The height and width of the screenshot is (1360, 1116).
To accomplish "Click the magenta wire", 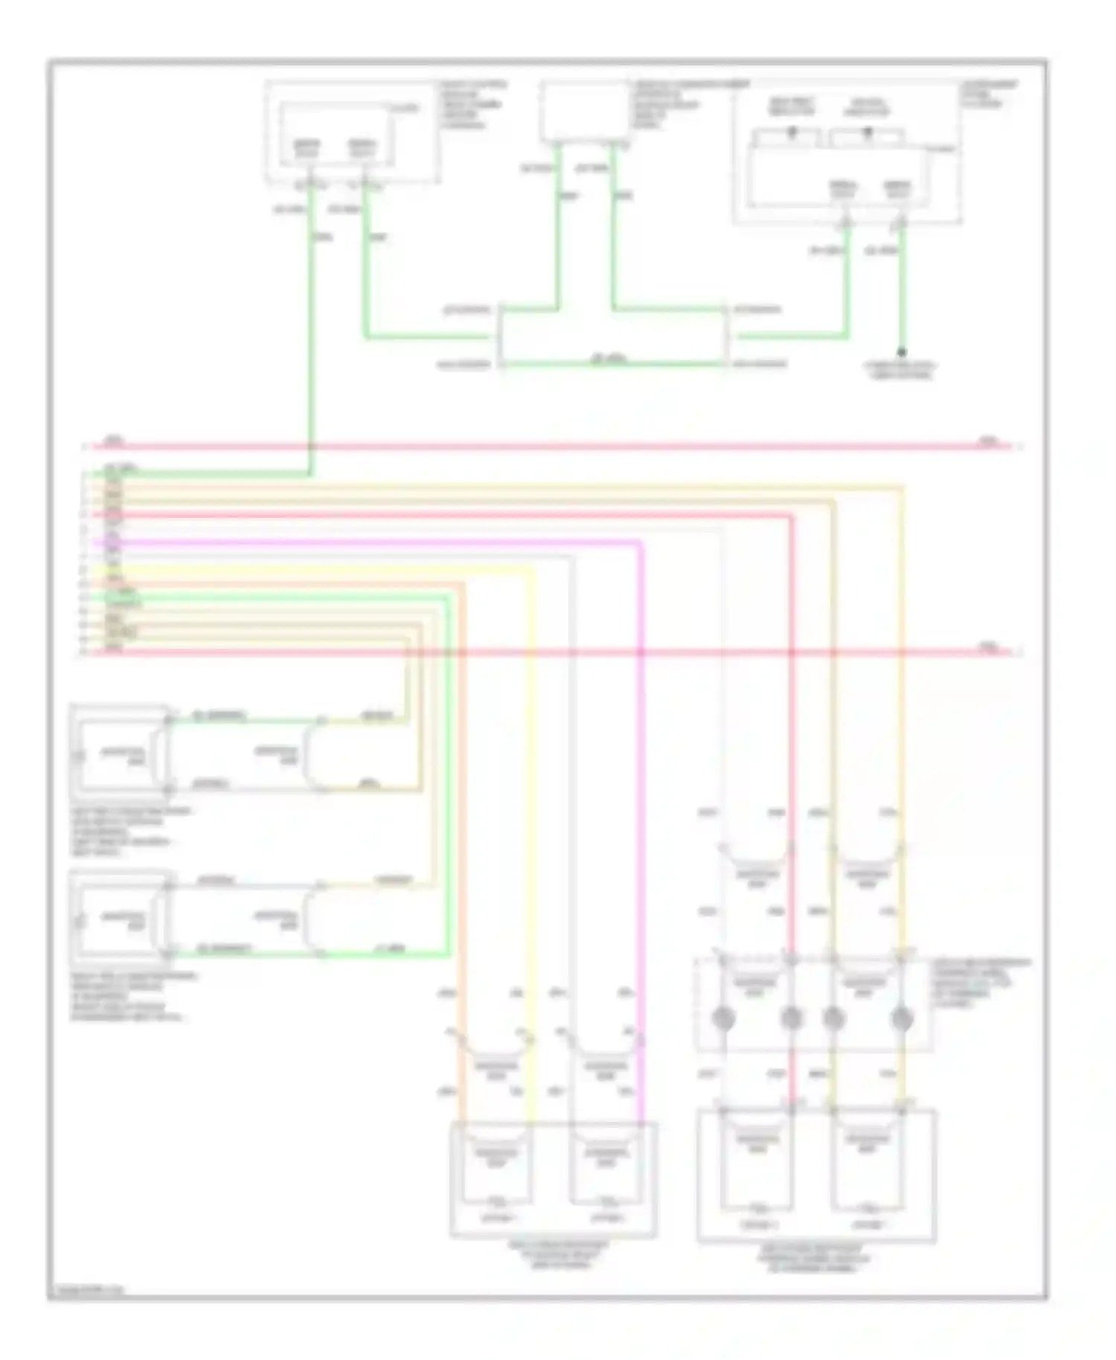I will (x=641, y=818).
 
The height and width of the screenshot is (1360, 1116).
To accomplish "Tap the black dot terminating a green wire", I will (x=902, y=351).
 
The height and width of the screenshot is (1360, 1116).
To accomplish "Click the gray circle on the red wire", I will (x=792, y=1017).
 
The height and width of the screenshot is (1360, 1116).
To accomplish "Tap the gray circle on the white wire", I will (x=723, y=1017).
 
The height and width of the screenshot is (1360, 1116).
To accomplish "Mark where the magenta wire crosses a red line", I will (x=641, y=652).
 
